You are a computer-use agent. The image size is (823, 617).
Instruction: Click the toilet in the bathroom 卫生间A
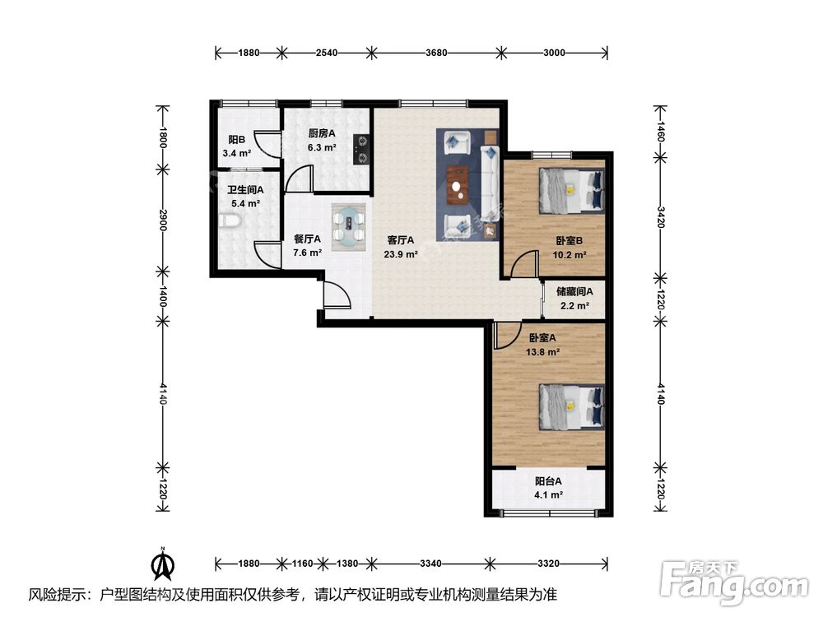pos(230,222)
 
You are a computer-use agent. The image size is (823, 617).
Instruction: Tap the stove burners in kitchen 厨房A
pos(361,150)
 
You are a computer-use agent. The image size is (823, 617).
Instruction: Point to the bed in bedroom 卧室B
pos(571,191)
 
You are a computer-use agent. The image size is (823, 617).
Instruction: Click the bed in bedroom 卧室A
pos(571,407)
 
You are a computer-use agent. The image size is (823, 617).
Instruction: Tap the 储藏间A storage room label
pos(574,292)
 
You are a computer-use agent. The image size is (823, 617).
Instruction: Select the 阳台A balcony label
pos(548,481)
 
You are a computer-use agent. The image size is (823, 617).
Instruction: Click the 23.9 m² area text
pos(401,255)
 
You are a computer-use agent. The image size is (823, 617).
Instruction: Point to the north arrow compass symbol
pos(163,564)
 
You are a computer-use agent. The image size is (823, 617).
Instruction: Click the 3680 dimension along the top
pos(436,53)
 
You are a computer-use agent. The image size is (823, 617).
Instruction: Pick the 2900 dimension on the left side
pos(163,220)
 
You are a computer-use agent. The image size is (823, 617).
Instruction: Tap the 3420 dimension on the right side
pos(661,216)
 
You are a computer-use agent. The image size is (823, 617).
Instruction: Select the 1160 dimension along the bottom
pos(302,564)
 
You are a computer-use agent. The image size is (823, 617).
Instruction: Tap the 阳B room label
pos(237,140)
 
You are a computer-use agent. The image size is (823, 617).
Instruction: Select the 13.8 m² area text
pos(542,352)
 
